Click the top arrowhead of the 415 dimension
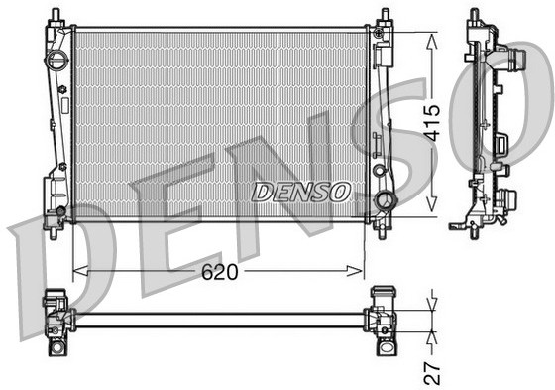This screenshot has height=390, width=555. (x=430, y=37)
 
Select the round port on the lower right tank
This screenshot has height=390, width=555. (x=384, y=203)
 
